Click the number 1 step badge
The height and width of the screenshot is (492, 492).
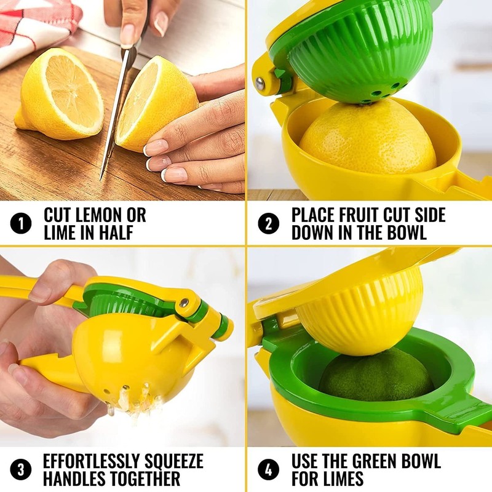point(21,224)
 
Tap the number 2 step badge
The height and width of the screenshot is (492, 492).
point(268,224)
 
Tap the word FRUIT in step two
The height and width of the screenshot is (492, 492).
point(368,215)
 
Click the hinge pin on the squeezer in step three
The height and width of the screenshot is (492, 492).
point(184,303)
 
